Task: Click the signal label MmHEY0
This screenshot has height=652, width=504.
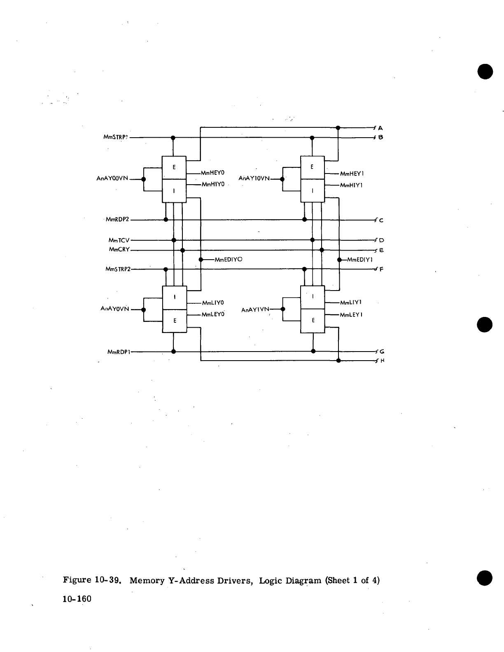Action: pos(212,173)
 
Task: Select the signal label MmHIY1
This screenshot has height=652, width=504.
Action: pos(351,185)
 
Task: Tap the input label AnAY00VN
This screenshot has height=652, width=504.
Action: pos(112,179)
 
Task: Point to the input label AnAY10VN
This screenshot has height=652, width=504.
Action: pos(254,178)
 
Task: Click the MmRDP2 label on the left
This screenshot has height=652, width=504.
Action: pos(117,220)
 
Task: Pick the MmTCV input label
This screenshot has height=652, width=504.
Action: pos(119,240)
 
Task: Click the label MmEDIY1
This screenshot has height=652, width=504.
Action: pos(360,260)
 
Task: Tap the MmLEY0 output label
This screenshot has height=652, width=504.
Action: pos(212,314)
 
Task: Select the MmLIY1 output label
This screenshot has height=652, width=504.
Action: pos(351,303)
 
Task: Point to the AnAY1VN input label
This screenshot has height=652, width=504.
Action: pos(255,310)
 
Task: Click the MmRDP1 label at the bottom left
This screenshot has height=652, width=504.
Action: pos(119,352)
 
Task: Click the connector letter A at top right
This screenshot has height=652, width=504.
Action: pos(380,128)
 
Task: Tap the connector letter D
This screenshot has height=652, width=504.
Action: pos(381,240)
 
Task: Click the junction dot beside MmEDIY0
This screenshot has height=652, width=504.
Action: pos(201,260)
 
